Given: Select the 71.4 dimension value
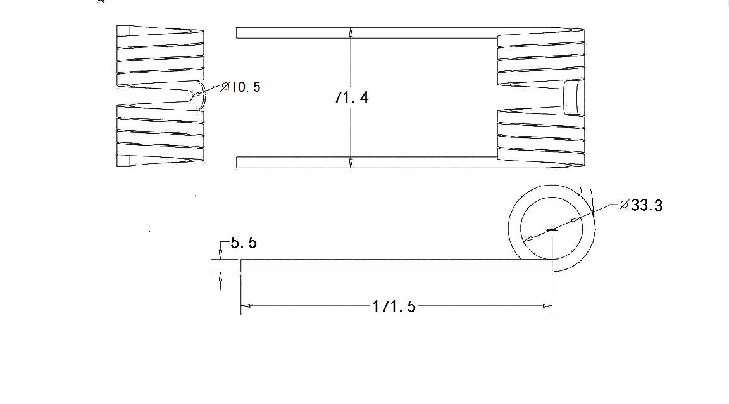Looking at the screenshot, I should (351, 98).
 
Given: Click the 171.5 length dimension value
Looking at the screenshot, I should (394, 306).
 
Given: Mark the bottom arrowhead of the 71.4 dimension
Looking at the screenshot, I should (351, 163).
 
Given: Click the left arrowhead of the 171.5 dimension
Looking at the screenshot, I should (246, 306).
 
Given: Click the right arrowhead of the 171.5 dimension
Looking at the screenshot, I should (547, 306).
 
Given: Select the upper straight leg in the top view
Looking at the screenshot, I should (367, 33).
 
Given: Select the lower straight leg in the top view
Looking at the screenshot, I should (367, 163).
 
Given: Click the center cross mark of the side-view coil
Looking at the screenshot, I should (552, 228).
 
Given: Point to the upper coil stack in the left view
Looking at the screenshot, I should (161, 56).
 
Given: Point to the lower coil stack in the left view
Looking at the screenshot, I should (161, 136).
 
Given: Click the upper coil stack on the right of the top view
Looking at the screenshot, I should (541, 57).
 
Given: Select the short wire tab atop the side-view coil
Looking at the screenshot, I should (586, 193).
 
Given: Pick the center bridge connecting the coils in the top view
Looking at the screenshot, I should (575, 98).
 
